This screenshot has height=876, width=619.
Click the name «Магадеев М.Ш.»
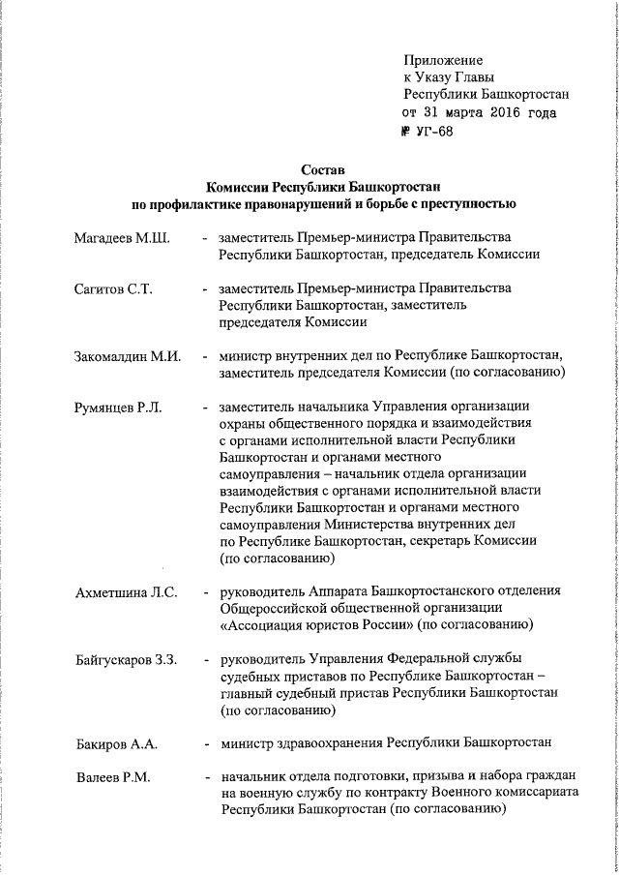(122, 238)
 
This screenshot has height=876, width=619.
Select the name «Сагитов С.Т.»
(113, 289)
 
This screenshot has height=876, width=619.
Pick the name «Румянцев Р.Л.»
(118, 408)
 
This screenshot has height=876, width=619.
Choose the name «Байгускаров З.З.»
(126, 659)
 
